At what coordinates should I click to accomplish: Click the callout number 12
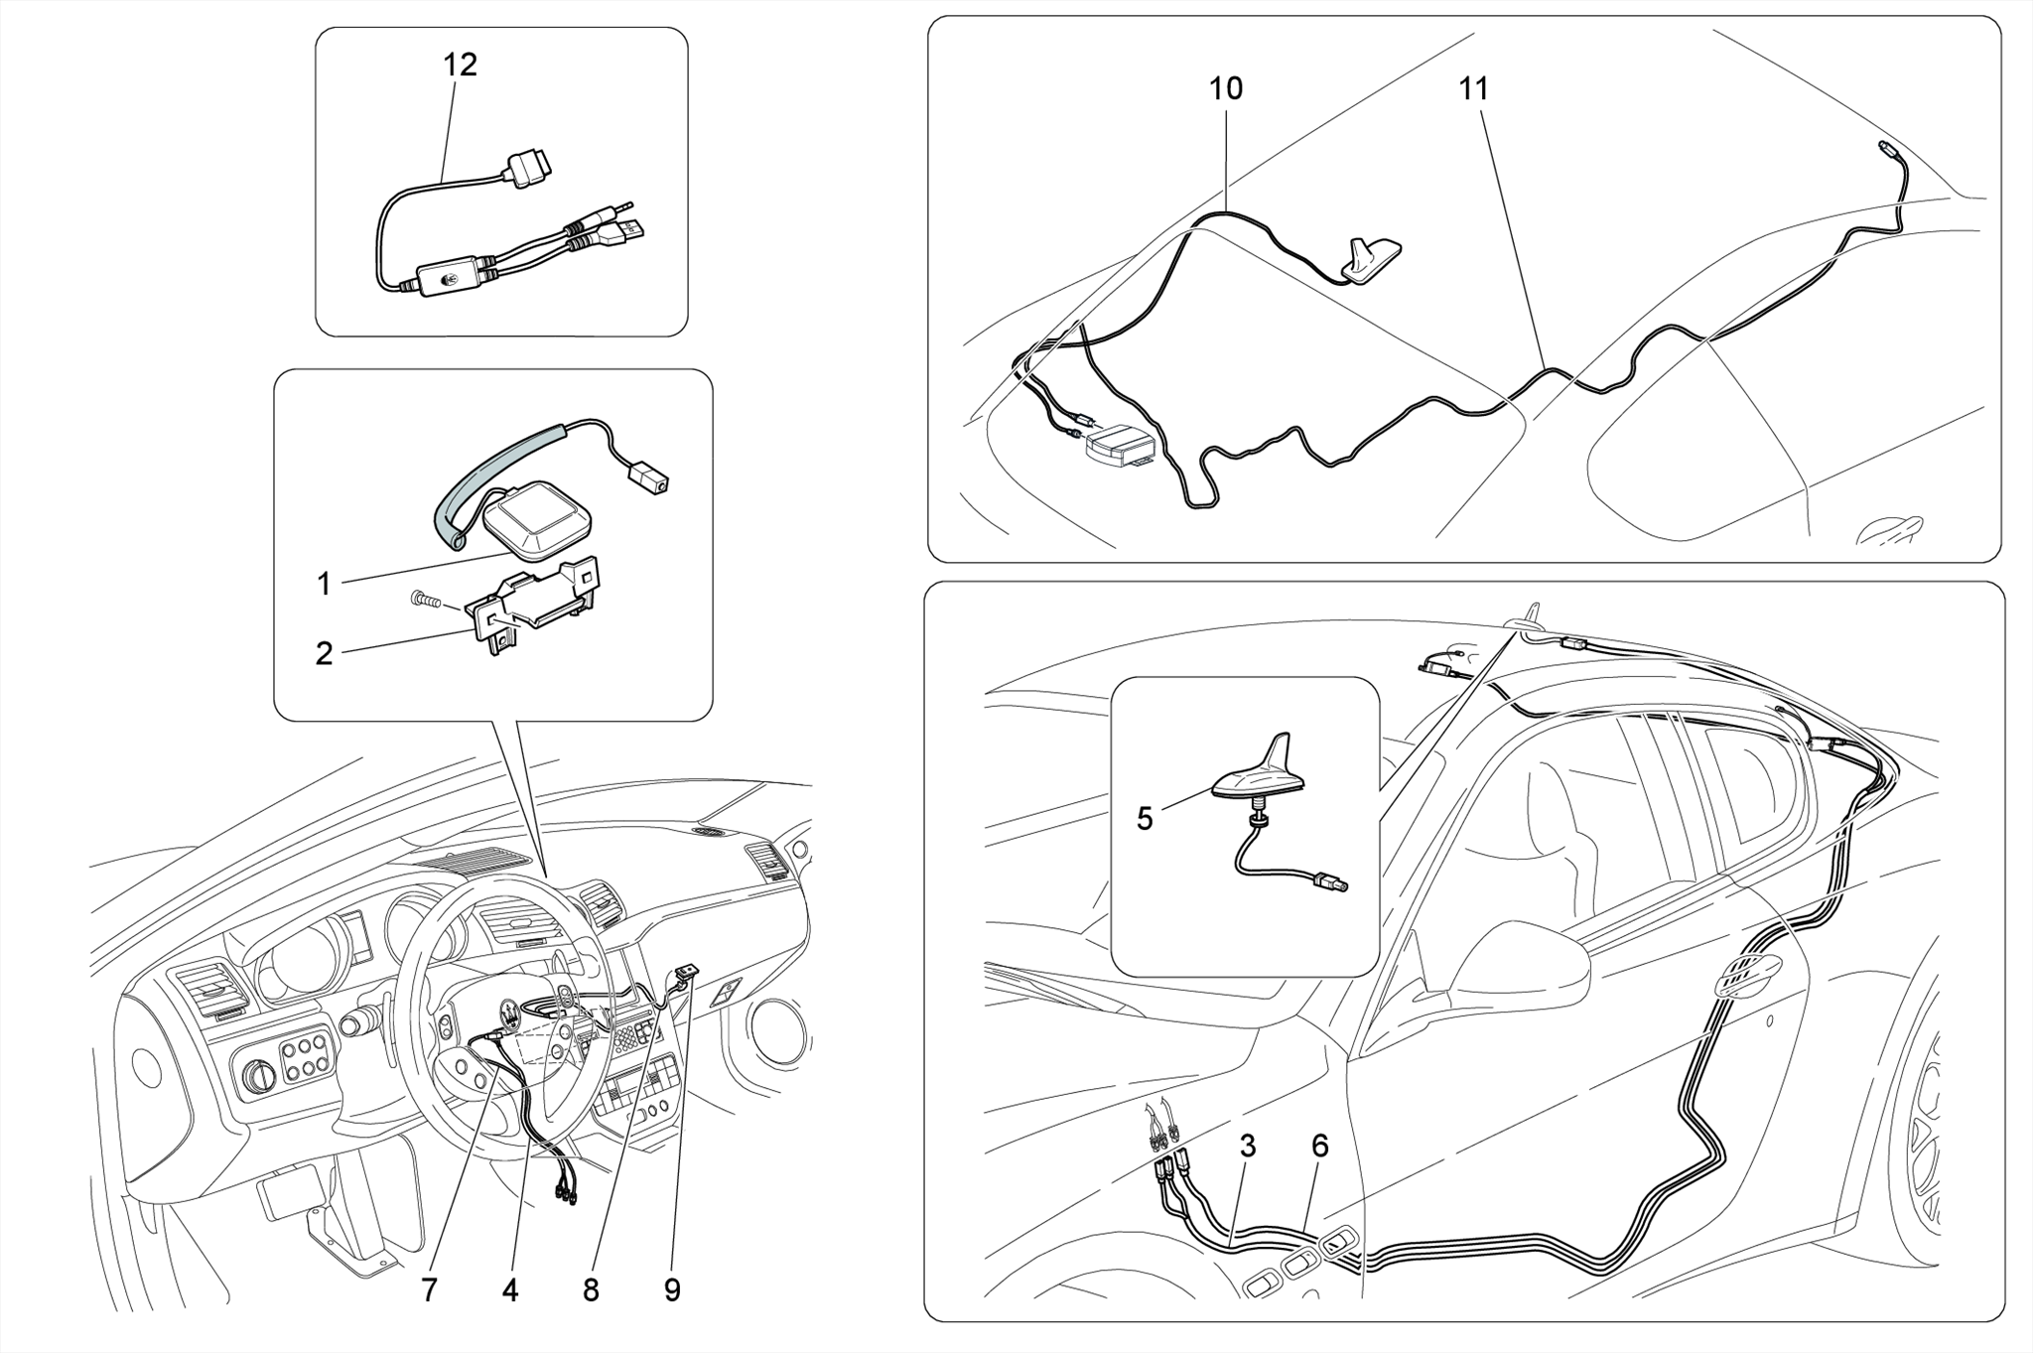(x=460, y=65)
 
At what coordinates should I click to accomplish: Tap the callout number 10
(x=1225, y=88)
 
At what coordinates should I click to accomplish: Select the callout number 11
(x=1474, y=88)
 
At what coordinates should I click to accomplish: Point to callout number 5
(x=1145, y=819)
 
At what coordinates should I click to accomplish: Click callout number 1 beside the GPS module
(x=324, y=584)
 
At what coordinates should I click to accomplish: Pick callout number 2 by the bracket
(x=324, y=653)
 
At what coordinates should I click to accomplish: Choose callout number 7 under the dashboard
(x=429, y=1289)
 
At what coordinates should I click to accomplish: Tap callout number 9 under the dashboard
(x=672, y=1289)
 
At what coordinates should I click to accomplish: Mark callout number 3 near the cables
(x=1248, y=1146)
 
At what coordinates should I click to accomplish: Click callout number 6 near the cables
(x=1319, y=1146)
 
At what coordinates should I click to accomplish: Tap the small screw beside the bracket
(x=425, y=599)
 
